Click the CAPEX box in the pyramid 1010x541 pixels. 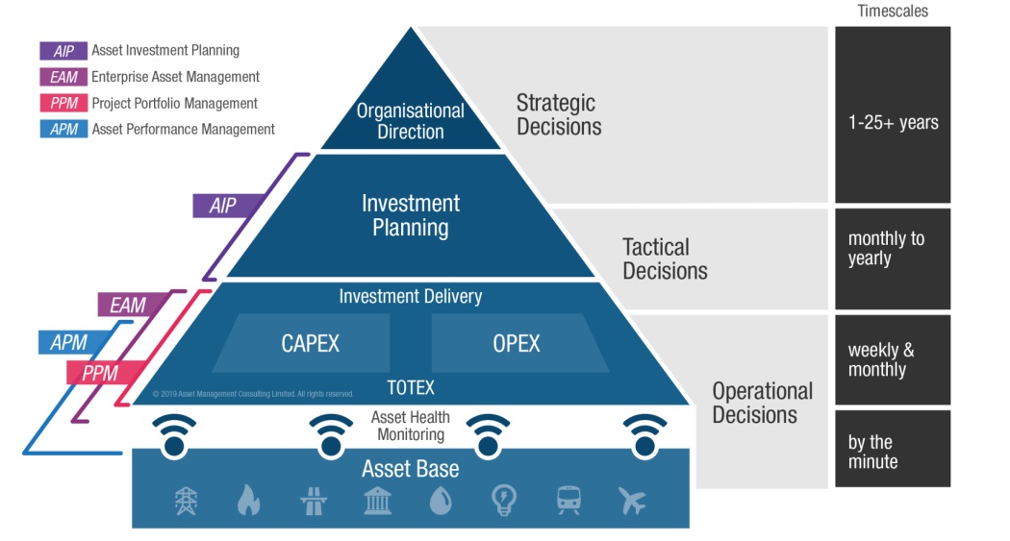pos(310,343)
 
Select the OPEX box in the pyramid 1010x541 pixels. pos(517,343)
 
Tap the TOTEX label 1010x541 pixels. pos(411,388)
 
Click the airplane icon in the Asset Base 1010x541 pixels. pos(632,501)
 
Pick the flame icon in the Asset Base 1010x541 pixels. pos(248,501)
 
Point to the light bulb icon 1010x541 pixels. pos(504,501)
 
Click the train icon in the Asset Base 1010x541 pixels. pos(568,501)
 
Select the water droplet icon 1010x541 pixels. pos(440,501)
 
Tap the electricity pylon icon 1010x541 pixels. pos(185,501)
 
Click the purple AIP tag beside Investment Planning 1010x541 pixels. pos(222,205)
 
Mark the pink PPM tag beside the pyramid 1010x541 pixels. pos(100,373)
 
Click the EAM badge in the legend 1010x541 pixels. pos(63,77)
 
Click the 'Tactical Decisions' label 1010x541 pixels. pos(665,259)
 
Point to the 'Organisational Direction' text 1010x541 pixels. pos(411,121)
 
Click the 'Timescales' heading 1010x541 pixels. pos(893,12)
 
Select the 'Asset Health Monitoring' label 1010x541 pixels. pos(411,426)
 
